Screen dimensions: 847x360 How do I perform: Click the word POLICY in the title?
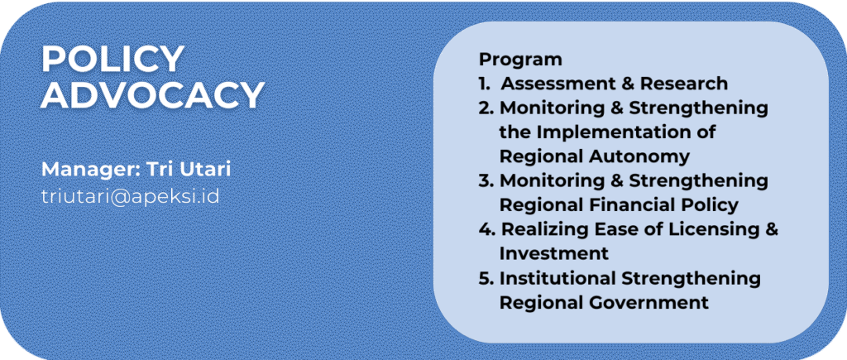pos(112,59)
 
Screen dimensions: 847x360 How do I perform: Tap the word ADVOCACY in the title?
pos(152,95)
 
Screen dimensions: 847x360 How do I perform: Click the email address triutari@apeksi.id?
pos(130,195)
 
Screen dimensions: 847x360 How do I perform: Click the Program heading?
pos(520,60)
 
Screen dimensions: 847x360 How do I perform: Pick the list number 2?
pos(486,108)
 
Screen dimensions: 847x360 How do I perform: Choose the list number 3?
pos(486,181)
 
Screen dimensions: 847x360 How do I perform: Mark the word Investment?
pos(553,253)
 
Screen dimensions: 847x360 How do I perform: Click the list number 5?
pos(486,278)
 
